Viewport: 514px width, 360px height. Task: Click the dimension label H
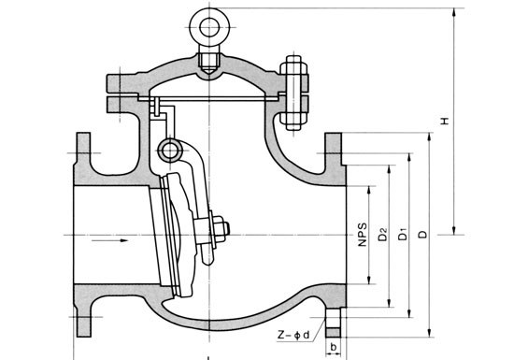tap(445, 121)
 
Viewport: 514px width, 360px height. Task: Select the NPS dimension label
tap(363, 235)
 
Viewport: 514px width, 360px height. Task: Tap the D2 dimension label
tap(382, 235)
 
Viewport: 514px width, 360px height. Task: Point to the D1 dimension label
tap(402, 235)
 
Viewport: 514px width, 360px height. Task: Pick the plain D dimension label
tap(423, 235)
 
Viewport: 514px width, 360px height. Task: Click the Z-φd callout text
tap(293, 335)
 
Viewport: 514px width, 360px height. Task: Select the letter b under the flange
tap(334, 347)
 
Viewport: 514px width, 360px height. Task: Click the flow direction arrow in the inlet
tap(109, 240)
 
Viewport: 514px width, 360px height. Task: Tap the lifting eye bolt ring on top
tap(209, 27)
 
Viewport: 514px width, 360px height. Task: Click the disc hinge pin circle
tap(170, 151)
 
